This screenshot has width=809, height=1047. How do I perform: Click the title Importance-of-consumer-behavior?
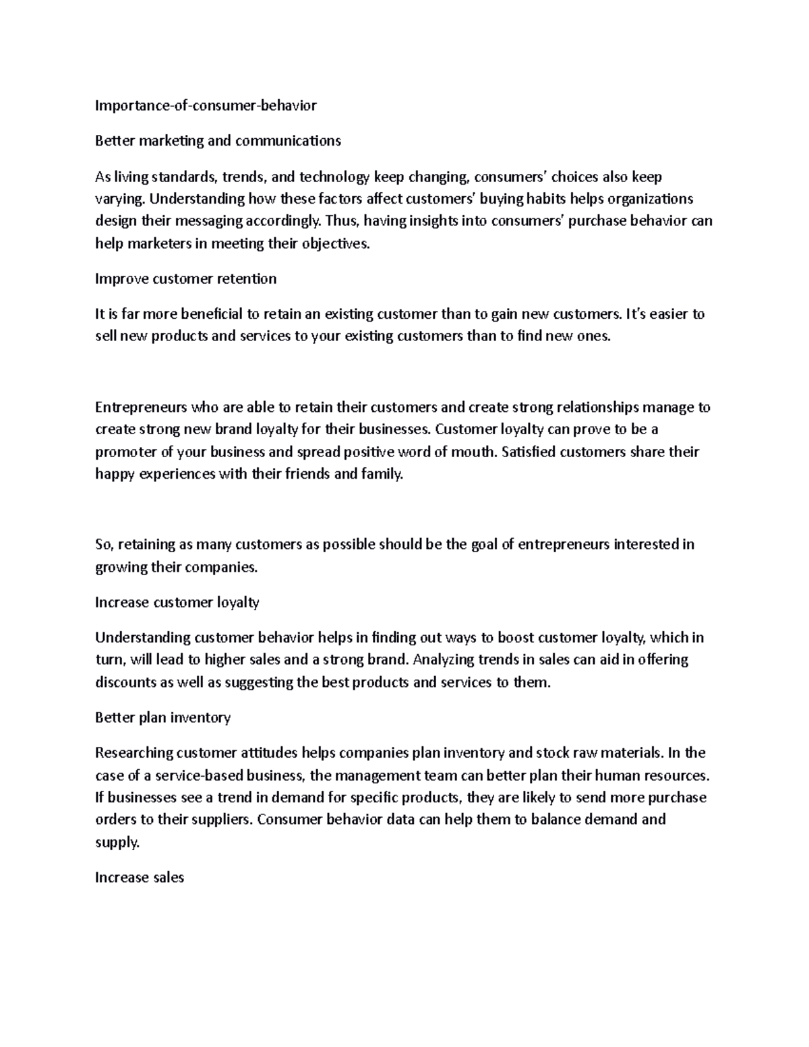[x=206, y=105]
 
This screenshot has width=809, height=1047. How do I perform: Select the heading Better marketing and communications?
[x=218, y=141]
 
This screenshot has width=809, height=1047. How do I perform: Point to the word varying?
[x=119, y=199]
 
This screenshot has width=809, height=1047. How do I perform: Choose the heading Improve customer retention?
[x=185, y=279]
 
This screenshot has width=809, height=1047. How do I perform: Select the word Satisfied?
[x=531, y=452]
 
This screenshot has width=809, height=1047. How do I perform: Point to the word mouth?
[x=474, y=452]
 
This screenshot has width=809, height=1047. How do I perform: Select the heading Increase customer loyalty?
[x=177, y=602]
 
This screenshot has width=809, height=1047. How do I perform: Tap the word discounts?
[x=125, y=682]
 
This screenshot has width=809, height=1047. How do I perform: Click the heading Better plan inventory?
[x=162, y=717]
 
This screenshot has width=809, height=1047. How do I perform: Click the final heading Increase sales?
[x=140, y=877]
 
